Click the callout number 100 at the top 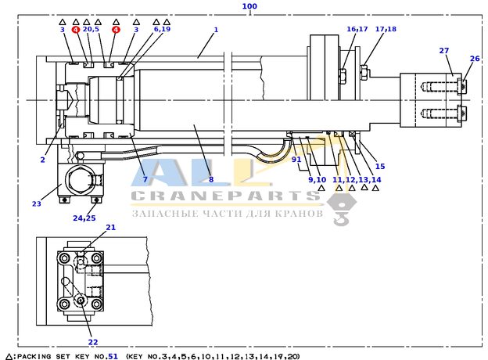(x=249, y=6)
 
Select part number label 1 (x=216, y=30)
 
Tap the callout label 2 (x=43, y=160)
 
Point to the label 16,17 (x=357, y=29)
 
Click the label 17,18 (x=386, y=29)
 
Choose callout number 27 (x=444, y=50)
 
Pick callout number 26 (x=475, y=59)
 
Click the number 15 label (x=380, y=166)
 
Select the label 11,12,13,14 (x=357, y=180)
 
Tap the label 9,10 (x=318, y=180)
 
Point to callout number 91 (x=296, y=160)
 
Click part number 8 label (x=211, y=179)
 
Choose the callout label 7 (x=145, y=179)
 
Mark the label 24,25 (x=84, y=218)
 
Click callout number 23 (x=37, y=203)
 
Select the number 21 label (x=111, y=227)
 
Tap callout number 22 (x=93, y=342)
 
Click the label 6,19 (x=162, y=29)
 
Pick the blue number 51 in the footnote (x=113, y=356)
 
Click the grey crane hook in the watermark (x=342, y=210)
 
